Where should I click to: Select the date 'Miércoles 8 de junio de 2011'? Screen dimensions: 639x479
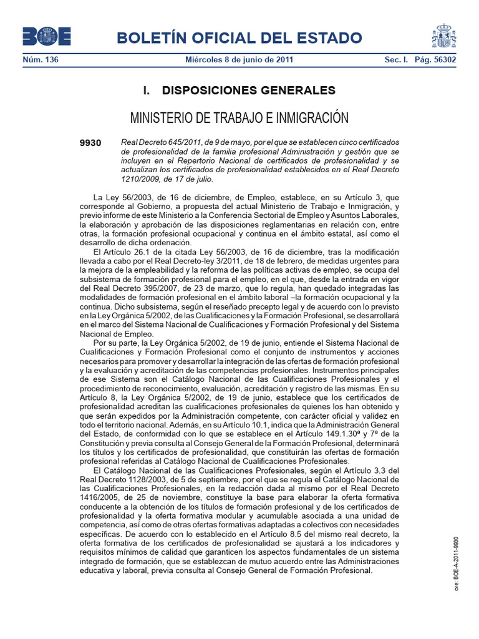click(x=239, y=61)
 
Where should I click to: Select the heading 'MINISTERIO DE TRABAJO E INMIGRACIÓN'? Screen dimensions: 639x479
click(x=239, y=118)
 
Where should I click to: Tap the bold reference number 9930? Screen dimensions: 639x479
click(x=90, y=144)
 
